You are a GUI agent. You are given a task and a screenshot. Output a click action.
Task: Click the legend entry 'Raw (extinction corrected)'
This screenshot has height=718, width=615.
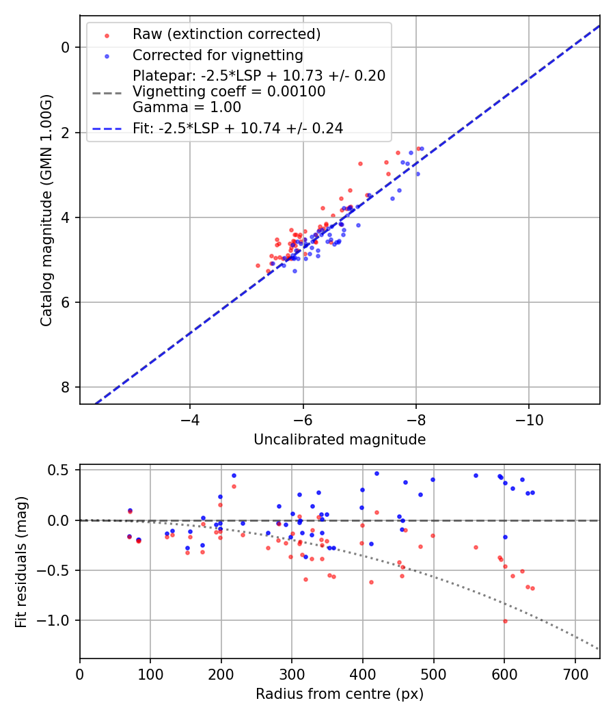pyautogui.click(x=226, y=34)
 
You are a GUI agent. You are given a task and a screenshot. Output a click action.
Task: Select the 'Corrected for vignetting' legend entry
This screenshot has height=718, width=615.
pyautogui.click(x=217, y=55)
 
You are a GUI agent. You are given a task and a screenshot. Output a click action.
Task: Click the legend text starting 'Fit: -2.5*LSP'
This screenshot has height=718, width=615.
pyautogui.click(x=238, y=128)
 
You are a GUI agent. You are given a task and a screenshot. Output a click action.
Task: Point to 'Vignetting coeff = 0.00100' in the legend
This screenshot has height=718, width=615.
pyautogui.click(x=229, y=92)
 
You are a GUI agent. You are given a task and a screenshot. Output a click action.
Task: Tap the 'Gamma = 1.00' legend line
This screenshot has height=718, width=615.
pyautogui.click(x=187, y=107)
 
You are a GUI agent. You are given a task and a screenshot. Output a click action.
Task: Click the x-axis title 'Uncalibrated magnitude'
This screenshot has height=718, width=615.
pyautogui.click(x=340, y=440)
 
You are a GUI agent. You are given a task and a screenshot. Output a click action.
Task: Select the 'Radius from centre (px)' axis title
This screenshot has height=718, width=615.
pyautogui.click(x=340, y=694)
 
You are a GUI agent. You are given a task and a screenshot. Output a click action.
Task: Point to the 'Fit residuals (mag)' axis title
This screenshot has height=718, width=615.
pyautogui.click(x=21, y=561)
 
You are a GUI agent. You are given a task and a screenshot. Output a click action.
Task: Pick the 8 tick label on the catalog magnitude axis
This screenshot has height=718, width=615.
pyautogui.click(x=66, y=388)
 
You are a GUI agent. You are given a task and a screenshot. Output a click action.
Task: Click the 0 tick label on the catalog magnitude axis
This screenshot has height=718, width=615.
pyautogui.click(x=66, y=47)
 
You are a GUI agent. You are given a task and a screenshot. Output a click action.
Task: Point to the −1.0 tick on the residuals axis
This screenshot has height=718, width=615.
pyautogui.click(x=57, y=621)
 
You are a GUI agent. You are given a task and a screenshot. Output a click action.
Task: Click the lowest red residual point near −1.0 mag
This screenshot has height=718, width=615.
pyautogui.click(x=505, y=621)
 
